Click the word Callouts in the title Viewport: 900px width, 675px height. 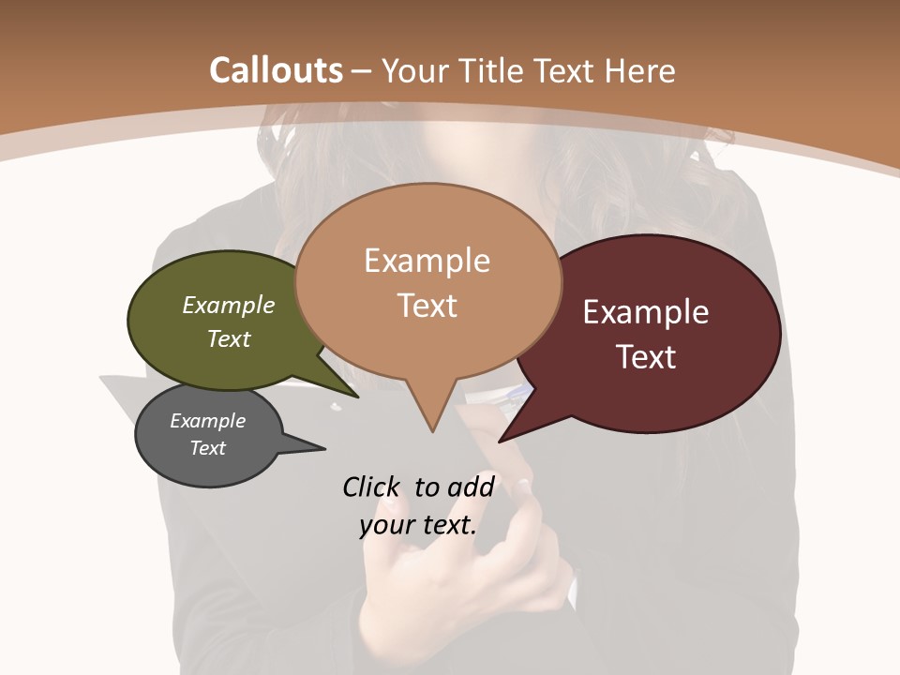click(x=276, y=70)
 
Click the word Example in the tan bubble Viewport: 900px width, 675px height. click(x=427, y=261)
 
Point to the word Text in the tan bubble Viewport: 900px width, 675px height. click(x=427, y=305)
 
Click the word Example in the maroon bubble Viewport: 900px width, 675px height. click(x=646, y=312)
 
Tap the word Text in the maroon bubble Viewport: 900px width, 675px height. click(x=646, y=357)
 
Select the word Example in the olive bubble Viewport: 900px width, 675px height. click(x=229, y=305)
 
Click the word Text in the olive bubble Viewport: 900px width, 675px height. click(x=229, y=338)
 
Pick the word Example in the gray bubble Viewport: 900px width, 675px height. click(x=208, y=421)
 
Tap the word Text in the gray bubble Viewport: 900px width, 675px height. click(x=208, y=448)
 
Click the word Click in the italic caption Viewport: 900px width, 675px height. click(x=372, y=487)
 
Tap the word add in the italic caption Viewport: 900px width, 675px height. click(x=470, y=487)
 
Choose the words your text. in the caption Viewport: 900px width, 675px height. click(x=418, y=525)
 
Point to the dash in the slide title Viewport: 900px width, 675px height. click(x=362, y=71)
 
